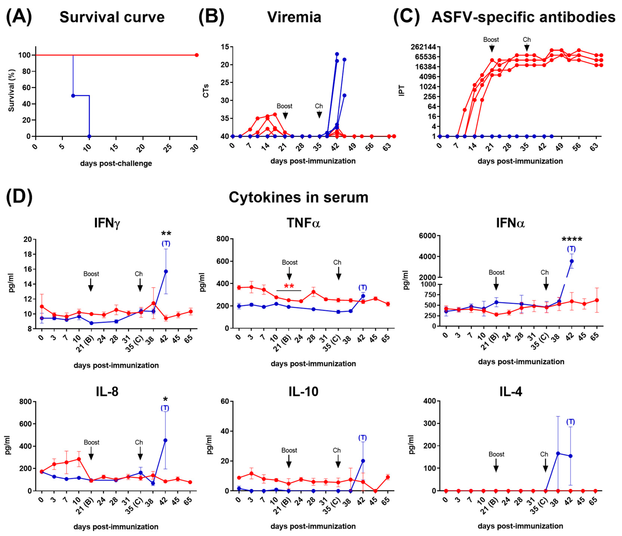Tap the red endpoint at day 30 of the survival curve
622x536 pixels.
click(197, 55)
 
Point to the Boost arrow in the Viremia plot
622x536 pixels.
click(285, 115)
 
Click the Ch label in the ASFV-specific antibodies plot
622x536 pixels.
click(527, 40)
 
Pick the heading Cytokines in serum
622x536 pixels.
click(298, 197)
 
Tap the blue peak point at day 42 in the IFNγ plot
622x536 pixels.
click(166, 271)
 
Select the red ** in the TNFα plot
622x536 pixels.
click(289, 286)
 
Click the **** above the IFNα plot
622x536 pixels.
click(571, 240)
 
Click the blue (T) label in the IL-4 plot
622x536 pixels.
click(570, 422)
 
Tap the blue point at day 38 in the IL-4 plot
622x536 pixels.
click(558, 453)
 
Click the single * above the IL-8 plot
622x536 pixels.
click(165, 399)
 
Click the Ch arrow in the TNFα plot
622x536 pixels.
click(339, 273)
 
